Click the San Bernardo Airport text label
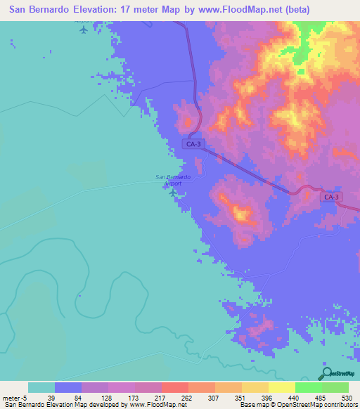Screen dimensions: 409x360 pyautogui.click(x=172, y=179)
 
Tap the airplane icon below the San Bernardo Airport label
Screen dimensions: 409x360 pyautogui.click(x=173, y=190)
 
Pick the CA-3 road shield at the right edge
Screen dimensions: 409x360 pyautogui.click(x=332, y=197)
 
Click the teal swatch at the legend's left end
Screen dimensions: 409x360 pyautogui.click(x=41, y=387)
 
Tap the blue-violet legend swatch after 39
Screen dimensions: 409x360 pyautogui.click(x=68, y=387)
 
